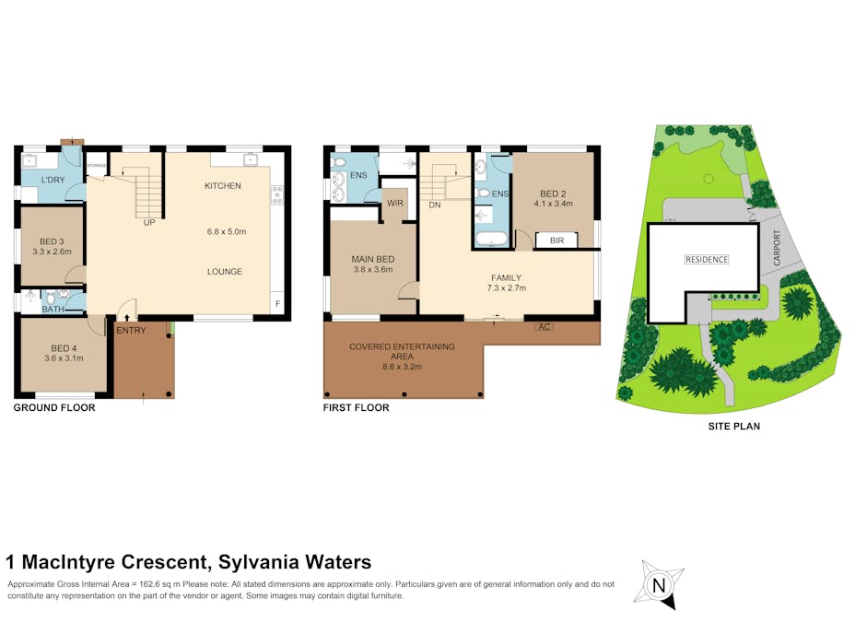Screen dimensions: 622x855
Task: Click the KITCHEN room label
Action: pos(222,186)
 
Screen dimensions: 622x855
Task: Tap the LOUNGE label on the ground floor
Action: pos(225,272)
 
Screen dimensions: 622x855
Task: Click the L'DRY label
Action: pos(51,181)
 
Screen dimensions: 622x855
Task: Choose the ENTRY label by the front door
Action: pos(132,330)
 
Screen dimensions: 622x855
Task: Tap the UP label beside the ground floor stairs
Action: pos(148,222)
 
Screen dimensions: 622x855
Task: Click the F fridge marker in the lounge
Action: pos(276,303)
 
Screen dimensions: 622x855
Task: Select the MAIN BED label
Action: pos(373,259)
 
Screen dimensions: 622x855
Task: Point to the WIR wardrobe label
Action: pos(395,203)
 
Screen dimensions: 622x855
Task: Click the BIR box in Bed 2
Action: pos(556,240)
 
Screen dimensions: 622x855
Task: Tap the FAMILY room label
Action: pos(506,277)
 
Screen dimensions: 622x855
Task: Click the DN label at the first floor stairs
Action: pos(434,205)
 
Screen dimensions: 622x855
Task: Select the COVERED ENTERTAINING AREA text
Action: pos(402,351)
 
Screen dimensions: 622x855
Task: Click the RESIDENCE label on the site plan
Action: pos(707,260)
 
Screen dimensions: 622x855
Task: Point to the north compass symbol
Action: pos(658,584)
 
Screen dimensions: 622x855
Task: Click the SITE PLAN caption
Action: pos(733,427)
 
